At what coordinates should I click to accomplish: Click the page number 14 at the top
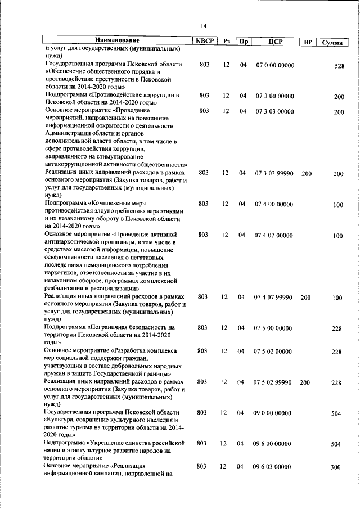tap(204, 25)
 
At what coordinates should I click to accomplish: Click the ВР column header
tap(307, 42)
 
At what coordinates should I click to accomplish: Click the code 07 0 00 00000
tap(273, 65)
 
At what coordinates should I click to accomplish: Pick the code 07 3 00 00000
tap(273, 96)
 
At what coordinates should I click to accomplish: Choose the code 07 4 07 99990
tap(273, 297)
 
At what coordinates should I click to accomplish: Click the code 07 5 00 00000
tap(273, 327)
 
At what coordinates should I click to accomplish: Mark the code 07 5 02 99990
tap(273, 382)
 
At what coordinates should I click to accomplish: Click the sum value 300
tap(337, 467)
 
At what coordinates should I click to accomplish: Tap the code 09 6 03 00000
tap(273, 467)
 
